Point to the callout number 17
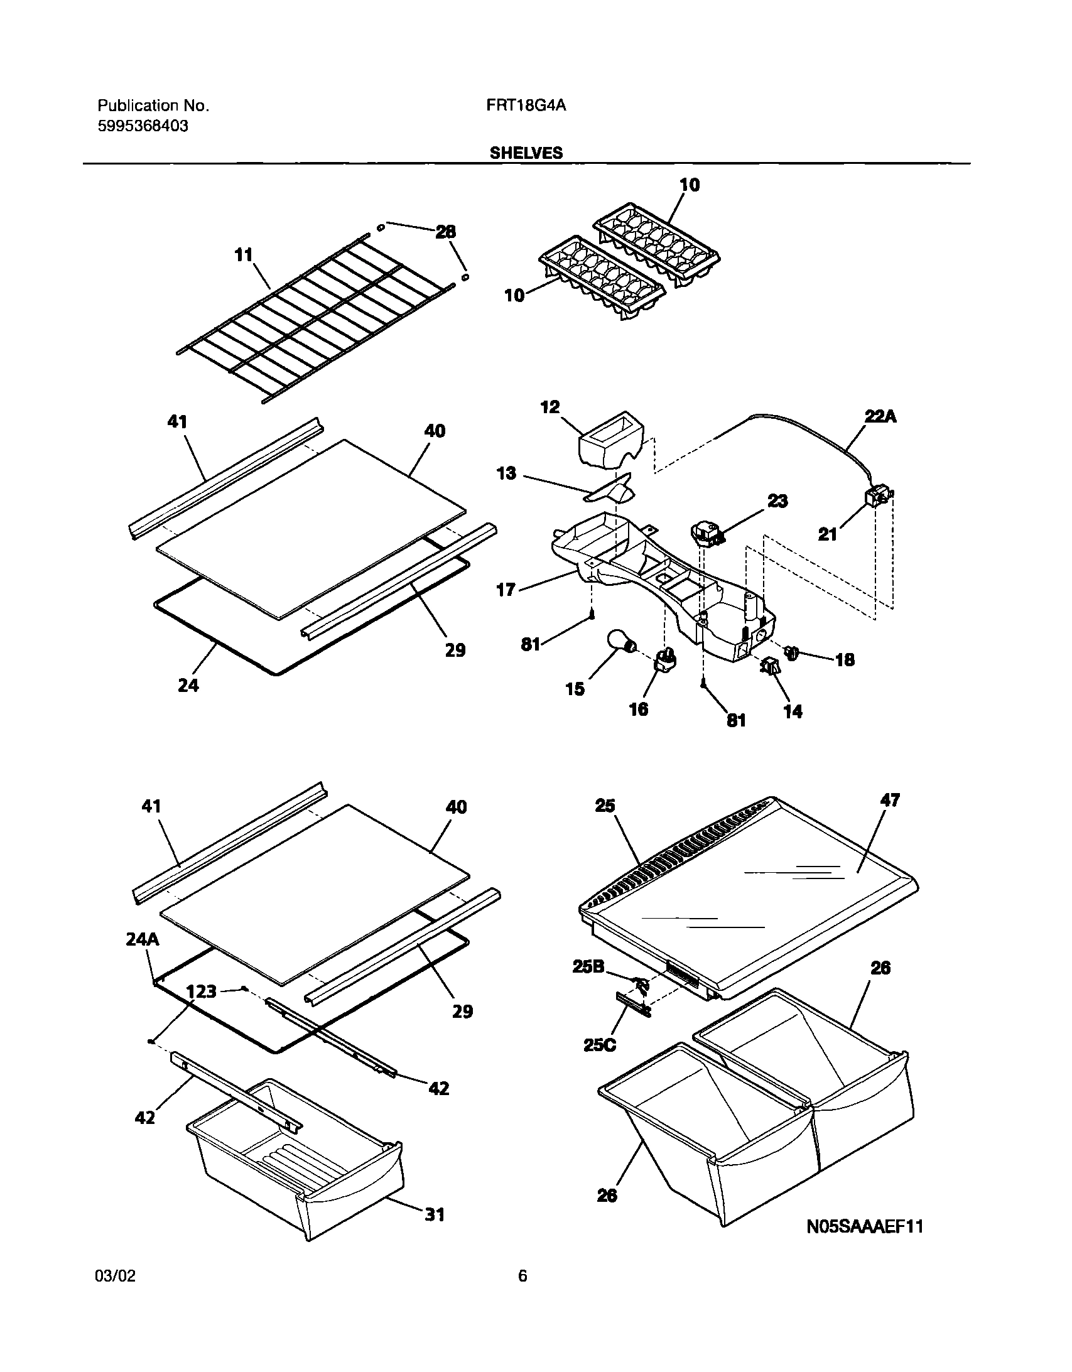pos(506,589)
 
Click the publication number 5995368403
pos(143,126)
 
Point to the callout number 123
pos(202,992)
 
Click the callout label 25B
pos(588,967)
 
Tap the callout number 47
pos(891,801)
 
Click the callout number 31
pos(435,1214)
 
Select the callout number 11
pos(243,255)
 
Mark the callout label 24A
pos(142,939)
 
